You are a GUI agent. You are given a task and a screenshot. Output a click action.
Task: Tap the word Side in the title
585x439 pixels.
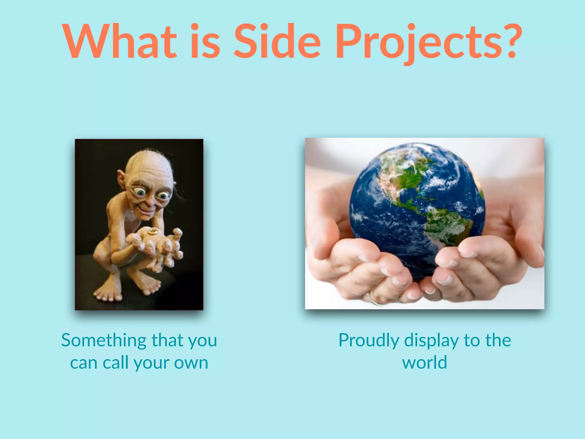(x=277, y=41)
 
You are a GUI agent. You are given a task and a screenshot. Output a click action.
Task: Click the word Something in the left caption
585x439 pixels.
(x=104, y=341)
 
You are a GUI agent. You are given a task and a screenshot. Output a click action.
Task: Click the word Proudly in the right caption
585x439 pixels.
(x=368, y=341)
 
